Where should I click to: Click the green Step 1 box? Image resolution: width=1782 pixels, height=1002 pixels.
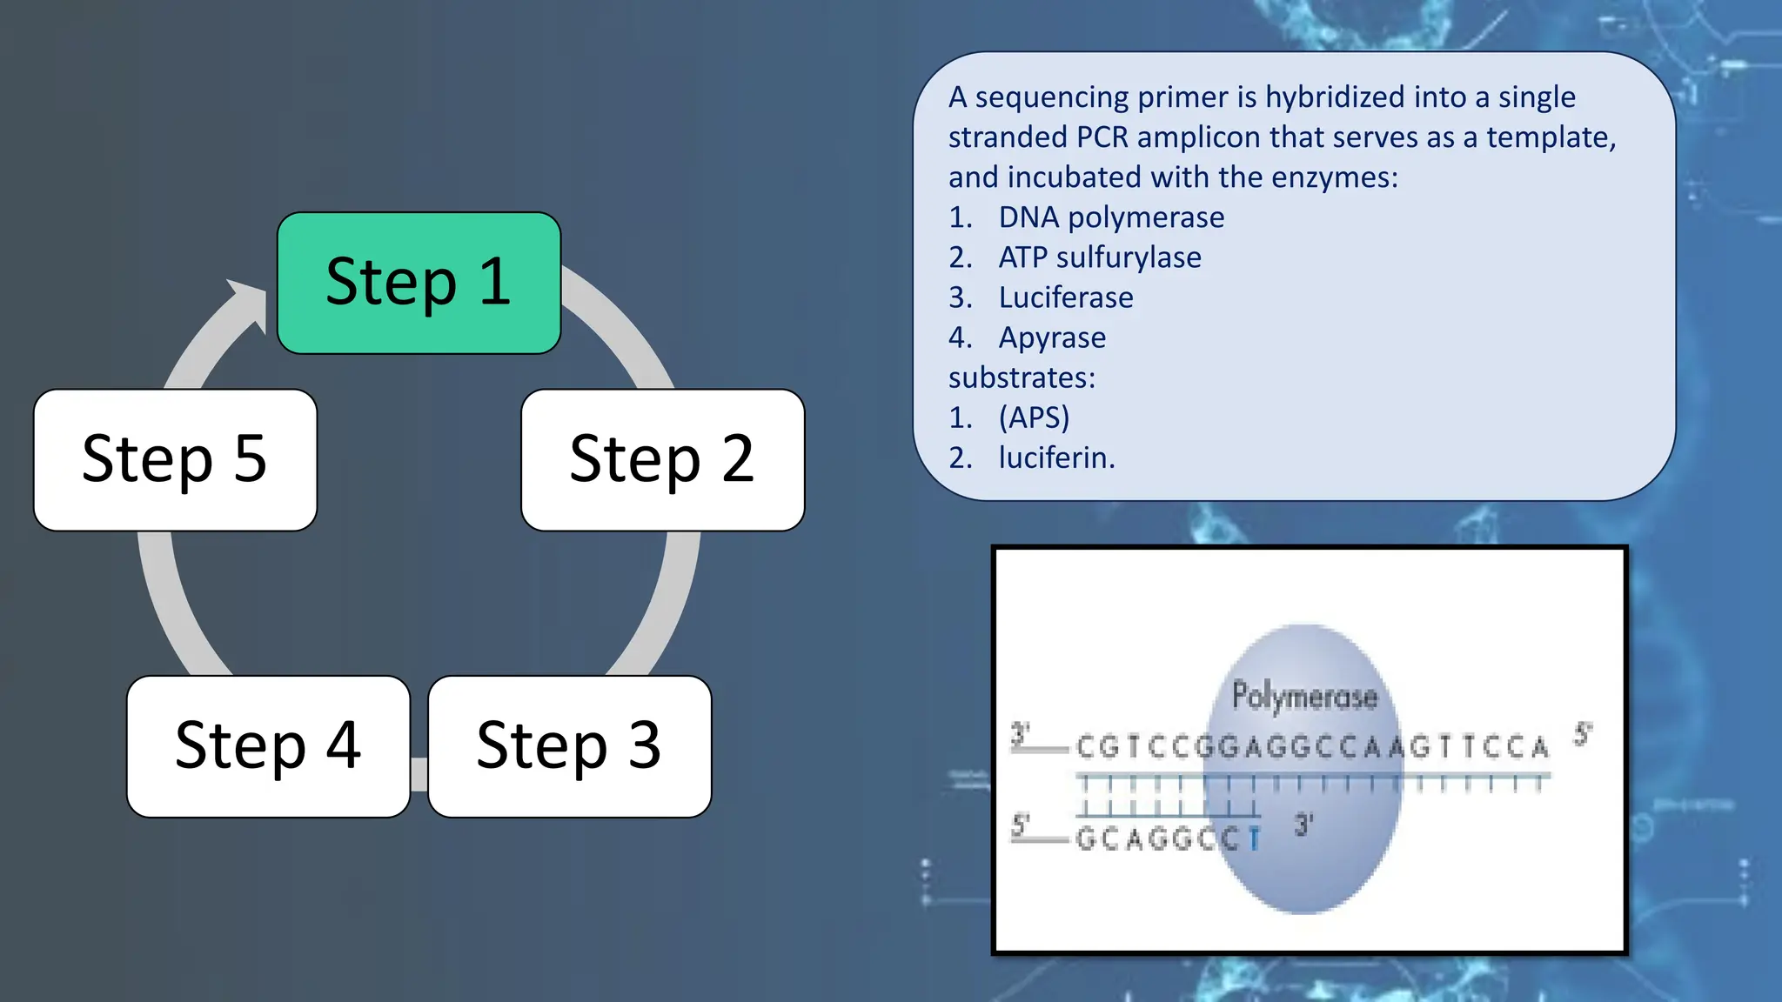pos(419,283)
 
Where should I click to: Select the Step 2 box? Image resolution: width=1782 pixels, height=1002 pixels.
pos(662,459)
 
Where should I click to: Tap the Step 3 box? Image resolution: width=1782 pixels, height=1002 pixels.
pos(570,746)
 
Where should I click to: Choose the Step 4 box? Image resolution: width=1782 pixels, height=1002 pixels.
pos(268,746)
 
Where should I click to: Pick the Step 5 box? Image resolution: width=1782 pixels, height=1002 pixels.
pos(175,459)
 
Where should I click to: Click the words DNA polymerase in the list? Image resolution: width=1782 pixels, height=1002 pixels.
pos(1111,217)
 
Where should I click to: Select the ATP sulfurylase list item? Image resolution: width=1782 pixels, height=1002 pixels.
pos(1100,257)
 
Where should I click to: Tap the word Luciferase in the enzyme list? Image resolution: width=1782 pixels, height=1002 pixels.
pos(1066,297)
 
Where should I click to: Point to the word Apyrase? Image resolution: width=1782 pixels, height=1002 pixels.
pos(1052,337)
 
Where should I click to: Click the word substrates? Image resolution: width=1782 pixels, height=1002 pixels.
pos(1022,377)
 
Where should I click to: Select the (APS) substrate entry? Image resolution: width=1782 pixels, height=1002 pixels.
pos(1034,417)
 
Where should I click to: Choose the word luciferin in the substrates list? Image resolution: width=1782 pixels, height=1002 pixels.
pos(1055,458)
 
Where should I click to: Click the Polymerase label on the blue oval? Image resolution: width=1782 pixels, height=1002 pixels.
pos(1304,696)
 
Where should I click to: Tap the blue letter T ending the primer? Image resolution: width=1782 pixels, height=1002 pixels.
pos(1254,839)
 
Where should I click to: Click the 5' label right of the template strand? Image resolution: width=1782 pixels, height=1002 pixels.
pos(1582,735)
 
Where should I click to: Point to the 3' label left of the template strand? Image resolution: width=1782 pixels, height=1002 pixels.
pos(1020,735)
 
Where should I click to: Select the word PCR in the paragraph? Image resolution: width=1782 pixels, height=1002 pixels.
pos(1102,137)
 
